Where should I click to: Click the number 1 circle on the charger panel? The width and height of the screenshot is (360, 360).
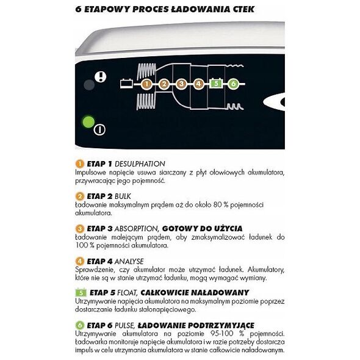pyautogui.click(x=146, y=84)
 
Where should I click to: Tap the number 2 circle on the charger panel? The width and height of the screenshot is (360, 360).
pyautogui.click(x=164, y=84)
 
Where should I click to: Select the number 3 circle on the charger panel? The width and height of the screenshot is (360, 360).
pyautogui.click(x=181, y=84)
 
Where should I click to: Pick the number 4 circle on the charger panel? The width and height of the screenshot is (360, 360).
pyautogui.click(x=198, y=84)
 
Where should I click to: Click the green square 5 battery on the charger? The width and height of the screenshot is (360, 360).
pyautogui.click(x=216, y=84)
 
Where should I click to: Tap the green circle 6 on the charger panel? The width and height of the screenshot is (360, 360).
pyautogui.click(x=233, y=84)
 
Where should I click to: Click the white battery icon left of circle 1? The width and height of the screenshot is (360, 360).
pyautogui.click(x=126, y=84)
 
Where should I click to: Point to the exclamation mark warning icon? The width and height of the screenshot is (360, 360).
pyautogui.click(x=101, y=76)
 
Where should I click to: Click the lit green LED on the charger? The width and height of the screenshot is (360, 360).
pyautogui.click(x=88, y=122)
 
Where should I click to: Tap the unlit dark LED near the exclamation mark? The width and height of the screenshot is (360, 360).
pyautogui.click(x=89, y=85)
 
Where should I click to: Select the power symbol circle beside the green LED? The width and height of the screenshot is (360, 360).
pyautogui.click(x=99, y=130)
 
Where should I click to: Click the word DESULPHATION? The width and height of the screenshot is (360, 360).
pyautogui.click(x=140, y=164)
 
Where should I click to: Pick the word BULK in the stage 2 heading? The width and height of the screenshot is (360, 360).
pyautogui.click(x=123, y=196)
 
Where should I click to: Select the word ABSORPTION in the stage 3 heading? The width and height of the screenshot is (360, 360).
pyautogui.click(x=137, y=229)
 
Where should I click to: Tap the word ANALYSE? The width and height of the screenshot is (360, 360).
pyautogui.click(x=129, y=262)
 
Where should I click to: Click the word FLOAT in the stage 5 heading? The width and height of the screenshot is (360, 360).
pyautogui.click(x=128, y=293)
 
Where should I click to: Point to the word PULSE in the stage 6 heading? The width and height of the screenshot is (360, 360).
pyautogui.click(x=124, y=326)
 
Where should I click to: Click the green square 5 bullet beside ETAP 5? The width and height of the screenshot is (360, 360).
pyautogui.click(x=81, y=292)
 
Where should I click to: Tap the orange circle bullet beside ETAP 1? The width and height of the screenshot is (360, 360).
pyautogui.click(x=80, y=164)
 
